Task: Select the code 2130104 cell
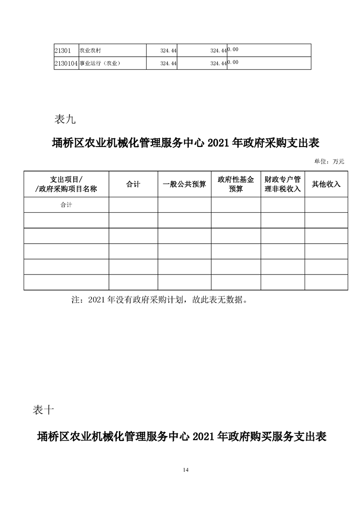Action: pyautogui.click(x=66, y=63)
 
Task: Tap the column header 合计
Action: pyautogui.click(x=133, y=184)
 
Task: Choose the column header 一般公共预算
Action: pyautogui.click(x=184, y=184)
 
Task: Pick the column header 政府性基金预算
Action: pyautogui.click(x=236, y=184)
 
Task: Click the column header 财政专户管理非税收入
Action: pyautogui.click(x=282, y=184)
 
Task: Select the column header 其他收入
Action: pyautogui.click(x=326, y=184)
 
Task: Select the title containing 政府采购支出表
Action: pyautogui.click(x=186, y=144)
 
